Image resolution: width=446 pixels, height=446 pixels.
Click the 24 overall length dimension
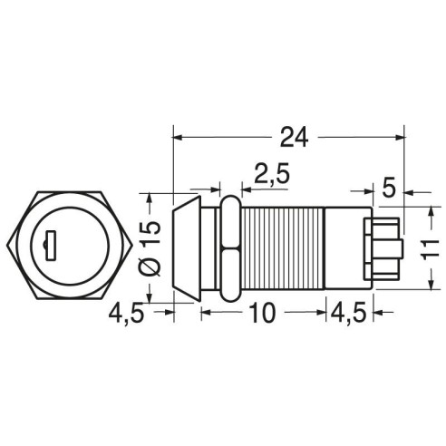click(295, 138)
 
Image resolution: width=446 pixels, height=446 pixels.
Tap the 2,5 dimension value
click(272, 174)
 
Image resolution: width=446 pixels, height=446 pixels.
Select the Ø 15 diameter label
click(150, 248)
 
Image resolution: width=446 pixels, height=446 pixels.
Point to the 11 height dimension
click(430, 248)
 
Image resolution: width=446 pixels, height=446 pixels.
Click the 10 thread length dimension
click(263, 313)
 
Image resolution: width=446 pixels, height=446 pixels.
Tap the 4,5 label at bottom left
click(126, 313)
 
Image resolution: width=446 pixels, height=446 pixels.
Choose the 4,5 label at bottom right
click(348, 313)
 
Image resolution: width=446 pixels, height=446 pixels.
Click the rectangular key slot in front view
click(50, 246)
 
